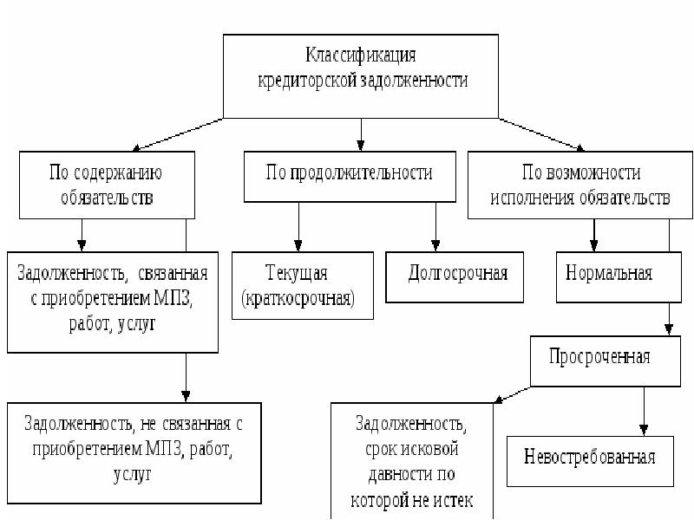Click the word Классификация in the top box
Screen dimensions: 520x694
tap(361, 56)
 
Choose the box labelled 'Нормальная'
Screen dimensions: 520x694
tap(609, 276)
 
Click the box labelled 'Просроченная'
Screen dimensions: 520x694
tap(599, 358)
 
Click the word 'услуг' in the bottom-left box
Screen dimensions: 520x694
tap(131, 475)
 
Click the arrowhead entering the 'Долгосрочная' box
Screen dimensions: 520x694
tap(436, 245)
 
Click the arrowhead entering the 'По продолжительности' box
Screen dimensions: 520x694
tap(361, 145)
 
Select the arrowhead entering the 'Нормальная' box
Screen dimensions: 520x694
tap(594, 245)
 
